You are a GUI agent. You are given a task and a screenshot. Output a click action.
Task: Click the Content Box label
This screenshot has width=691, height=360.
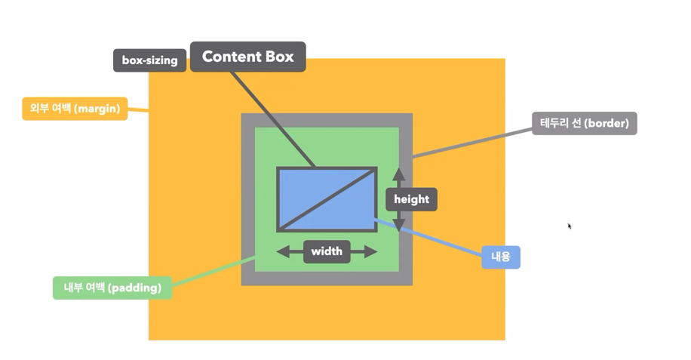pyautogui.click(x=247, y=57)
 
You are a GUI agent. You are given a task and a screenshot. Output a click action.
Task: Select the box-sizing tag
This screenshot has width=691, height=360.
pyautogui.click(x=149, y=60)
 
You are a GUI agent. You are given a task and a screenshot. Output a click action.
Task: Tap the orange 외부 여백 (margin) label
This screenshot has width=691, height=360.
pyautogui.click(x=75, y=109)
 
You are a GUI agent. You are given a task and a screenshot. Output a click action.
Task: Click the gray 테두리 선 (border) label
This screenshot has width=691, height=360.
pyautogui.click(x=584, y=123)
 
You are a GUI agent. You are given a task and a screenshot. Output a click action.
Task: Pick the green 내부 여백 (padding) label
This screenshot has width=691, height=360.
pyautogui.click(x=112, y=288)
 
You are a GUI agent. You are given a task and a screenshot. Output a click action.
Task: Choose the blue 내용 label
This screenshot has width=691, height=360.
pyautogui.click(x=500, y=257)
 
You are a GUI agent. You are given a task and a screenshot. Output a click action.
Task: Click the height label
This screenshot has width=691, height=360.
pyautogui.click(x=411, y=199)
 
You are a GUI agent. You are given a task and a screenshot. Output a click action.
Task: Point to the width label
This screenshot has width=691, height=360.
pyautogui.click(x=327, y=251)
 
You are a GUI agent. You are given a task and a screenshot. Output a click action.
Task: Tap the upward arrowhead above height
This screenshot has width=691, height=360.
pyautogui.click(x=399, y=174)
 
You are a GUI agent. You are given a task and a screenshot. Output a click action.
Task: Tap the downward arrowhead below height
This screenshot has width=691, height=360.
pyautogui.click(x=399, y=225)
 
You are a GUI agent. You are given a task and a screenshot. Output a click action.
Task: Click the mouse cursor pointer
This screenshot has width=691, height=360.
pyautogui.click(x=570, y=226)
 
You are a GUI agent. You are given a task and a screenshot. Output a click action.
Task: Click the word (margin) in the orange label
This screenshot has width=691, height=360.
pyautogui.click(x=98, y=109)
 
